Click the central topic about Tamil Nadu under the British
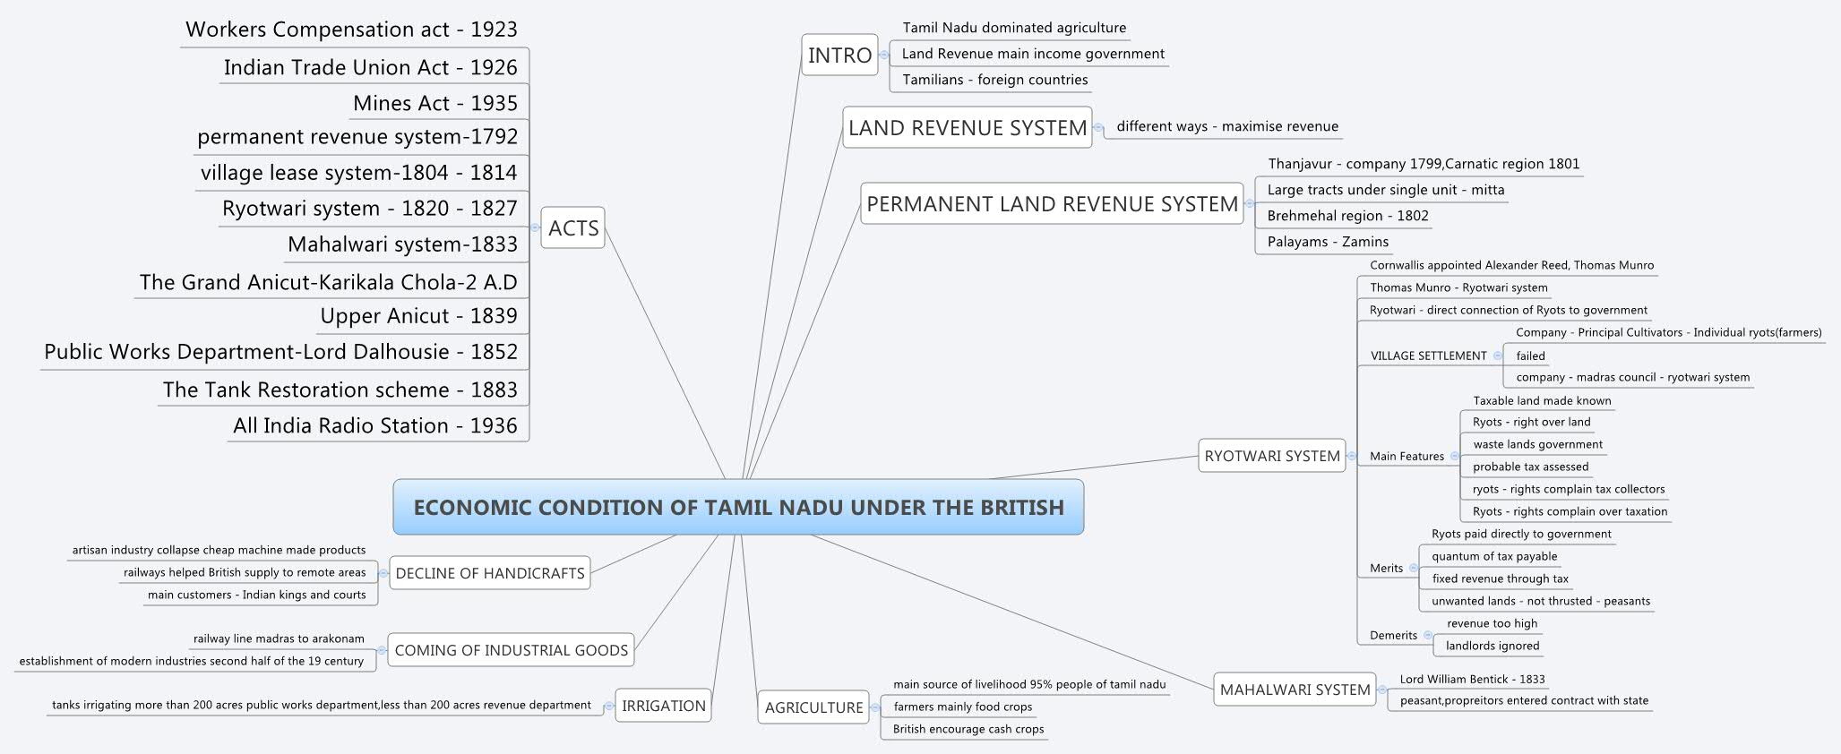[738, 507]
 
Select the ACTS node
[573, 228]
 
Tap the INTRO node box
[839, 56]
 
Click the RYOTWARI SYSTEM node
[1272, 456]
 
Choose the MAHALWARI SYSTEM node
[1295, 690]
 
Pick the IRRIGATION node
[663, 706]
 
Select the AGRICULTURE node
[813, 707]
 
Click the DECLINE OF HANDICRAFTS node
[490, 573]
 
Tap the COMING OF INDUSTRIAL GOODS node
[512, 650]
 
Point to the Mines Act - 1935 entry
[435, 104]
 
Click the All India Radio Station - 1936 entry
[375, 425]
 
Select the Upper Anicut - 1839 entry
[419, 316]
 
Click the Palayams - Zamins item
[1328, 242]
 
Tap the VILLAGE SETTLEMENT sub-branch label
[1428, 356]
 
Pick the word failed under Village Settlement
[1530, 356]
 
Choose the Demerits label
[1393, 635]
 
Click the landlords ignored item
[1493, 646]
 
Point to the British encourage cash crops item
[968, 729]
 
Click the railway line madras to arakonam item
[279, 638]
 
